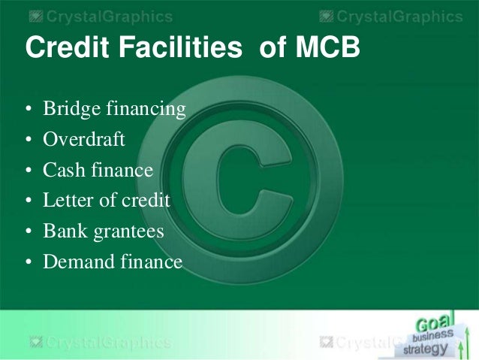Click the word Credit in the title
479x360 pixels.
pos(68,47)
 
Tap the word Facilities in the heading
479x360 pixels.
pos(180,47)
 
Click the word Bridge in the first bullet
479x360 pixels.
pos(71,108)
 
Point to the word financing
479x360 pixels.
pos(146,108)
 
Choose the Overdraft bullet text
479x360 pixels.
pos(84,139)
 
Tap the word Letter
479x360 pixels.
pos(68,200)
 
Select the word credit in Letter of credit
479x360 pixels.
pos(146,200)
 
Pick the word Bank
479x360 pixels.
pos(65,231)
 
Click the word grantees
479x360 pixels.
pos(128,231)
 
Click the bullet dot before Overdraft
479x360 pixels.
pos(29,140)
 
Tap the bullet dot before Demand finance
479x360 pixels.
pos(29,262)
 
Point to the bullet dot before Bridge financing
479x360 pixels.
pos(29,109)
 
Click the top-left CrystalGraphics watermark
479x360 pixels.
pos(101,17)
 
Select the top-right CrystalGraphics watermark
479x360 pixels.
pos(391,17)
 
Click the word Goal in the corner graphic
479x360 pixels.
pos(433,323)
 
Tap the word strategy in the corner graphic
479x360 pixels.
pos(426,349)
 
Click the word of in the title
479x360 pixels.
pos(273,47)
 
